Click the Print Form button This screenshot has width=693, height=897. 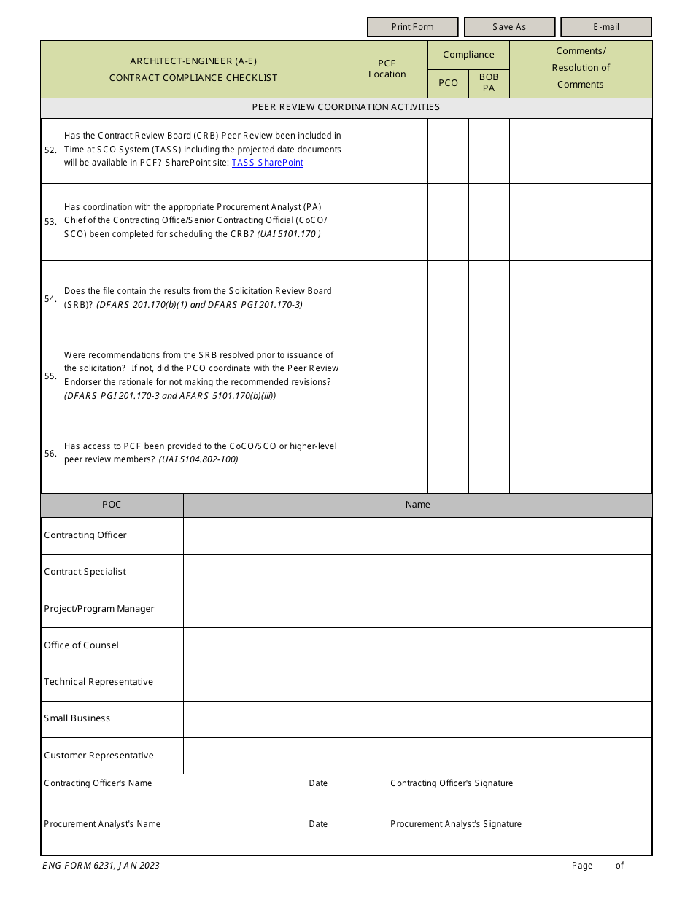(412, 27)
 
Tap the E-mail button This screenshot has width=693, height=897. (605, 27)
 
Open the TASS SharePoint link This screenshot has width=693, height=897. (267, 163)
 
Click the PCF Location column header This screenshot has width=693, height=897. (387, 69)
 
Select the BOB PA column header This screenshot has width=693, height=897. (489, 82)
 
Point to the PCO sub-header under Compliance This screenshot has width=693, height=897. (448, 83)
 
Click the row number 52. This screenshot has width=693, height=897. (50, 150)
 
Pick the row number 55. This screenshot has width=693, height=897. (50, 376)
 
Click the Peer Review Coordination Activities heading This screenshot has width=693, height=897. (346, 107)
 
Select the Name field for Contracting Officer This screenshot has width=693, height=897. (417, 536)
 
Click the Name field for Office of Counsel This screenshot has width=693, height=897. (417, 645)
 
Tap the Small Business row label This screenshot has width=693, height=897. (77, 718)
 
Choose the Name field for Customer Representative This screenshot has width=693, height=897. (417, 756)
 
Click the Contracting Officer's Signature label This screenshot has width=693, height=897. (452, 783)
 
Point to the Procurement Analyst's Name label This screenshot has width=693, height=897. (102, 824)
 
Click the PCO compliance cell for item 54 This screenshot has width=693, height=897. (448, 299)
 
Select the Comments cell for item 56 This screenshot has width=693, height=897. (580, 454)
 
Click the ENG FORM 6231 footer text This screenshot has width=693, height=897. (101, 866)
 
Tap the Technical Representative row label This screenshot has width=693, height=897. (98, 682)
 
